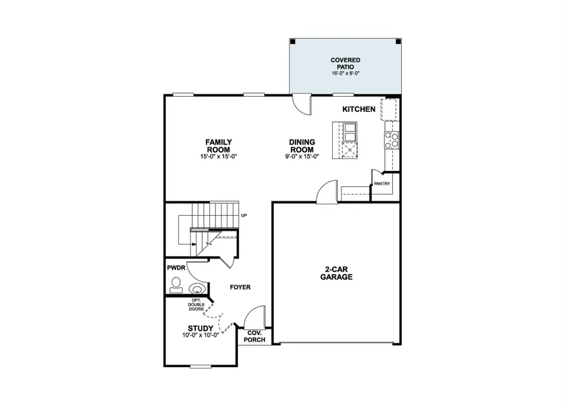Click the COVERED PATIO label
click(x=345, y=63)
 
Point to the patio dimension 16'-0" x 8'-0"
click(x=345, y=74)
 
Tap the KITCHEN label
click(x=358, y=109)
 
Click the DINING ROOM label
click(x=302, y=146)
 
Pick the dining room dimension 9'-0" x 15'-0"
click(x=302, y=157)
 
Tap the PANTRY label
click(x=382, y=184)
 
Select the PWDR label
click(x=175, y=267)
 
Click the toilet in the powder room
click(x=196, y=289)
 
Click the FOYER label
click(x=239, y=287)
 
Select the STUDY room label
click(x=200, y=328)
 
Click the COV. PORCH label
click(x=255, y=336)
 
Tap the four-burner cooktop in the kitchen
click(x=392, y=138)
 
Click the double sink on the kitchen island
click(x=349, y=132)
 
